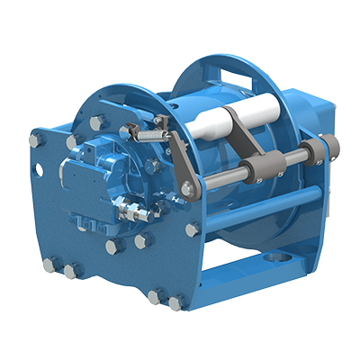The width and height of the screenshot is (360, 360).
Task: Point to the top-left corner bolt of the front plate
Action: [36, 140]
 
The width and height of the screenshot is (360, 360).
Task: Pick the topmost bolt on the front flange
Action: [95, 120]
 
